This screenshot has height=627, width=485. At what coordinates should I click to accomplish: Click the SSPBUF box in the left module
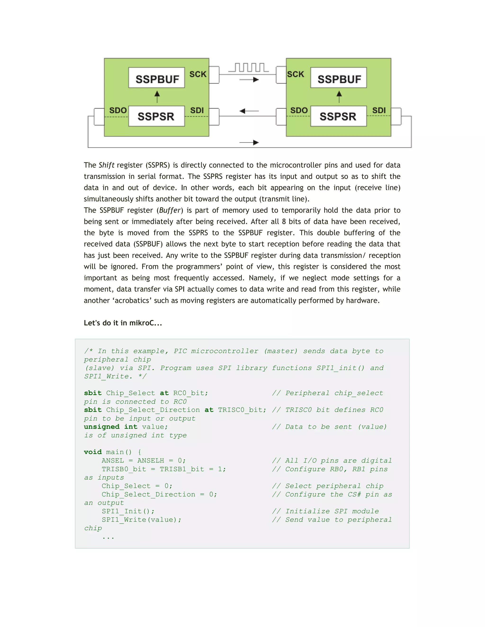(x=157, y=78)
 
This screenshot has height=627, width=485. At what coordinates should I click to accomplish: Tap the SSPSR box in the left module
(x=156, y=116)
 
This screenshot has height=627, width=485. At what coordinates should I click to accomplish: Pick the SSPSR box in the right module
(x=338, y=116)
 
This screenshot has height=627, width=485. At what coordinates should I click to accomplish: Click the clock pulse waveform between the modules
(x=248, y=68)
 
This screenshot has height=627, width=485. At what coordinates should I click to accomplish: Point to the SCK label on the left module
(x=198, y=74)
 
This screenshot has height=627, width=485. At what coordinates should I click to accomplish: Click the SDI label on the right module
(x=379, y=110)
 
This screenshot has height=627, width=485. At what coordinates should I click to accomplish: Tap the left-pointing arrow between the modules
(x=249, y=111)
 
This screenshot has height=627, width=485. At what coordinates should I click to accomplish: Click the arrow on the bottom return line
(x=249, y=142)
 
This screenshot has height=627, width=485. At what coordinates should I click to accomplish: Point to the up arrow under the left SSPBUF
(x=157, y=97)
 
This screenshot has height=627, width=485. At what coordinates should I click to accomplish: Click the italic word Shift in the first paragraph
(x=106, y=165)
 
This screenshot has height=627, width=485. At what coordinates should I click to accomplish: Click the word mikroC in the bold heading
(x=141, y=323)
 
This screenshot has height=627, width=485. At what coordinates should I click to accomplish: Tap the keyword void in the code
(x=93, y=452)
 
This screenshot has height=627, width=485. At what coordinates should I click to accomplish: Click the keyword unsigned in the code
(x=101, y=427)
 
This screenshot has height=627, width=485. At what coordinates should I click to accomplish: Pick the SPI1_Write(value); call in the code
(x=141, y=520)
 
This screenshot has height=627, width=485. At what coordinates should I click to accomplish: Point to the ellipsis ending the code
(x=108, y=537)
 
